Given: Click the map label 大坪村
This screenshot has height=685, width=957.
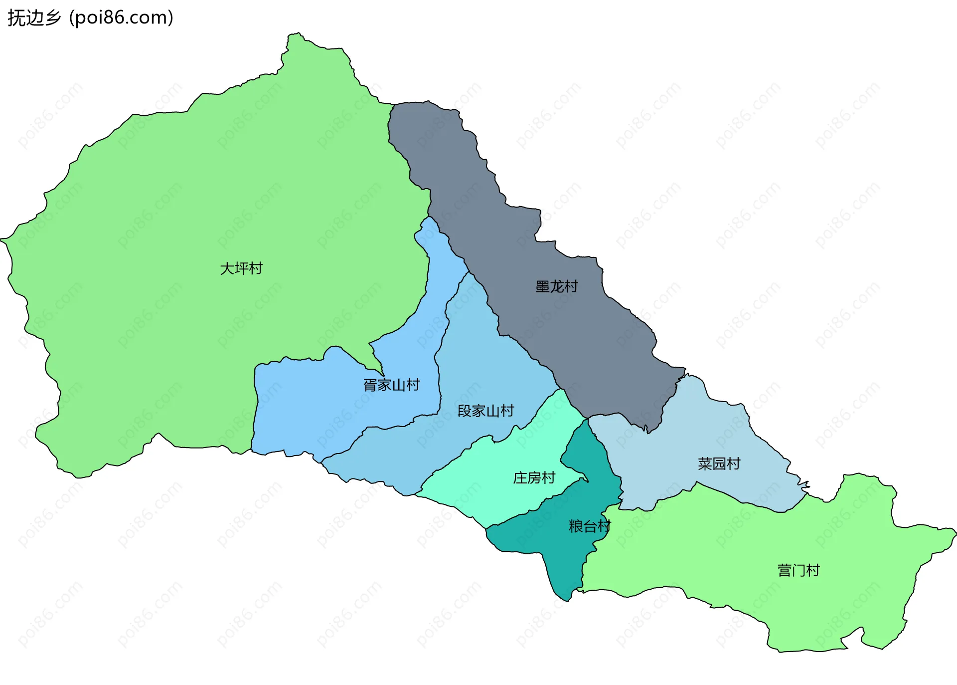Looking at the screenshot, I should click(241, 268).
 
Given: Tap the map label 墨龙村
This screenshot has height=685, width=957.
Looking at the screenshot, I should click(557, 287).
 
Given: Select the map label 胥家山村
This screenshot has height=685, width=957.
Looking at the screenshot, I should click(392, 385).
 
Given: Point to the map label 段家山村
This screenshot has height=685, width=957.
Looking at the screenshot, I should click(485, 411).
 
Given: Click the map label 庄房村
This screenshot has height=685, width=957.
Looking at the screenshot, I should click(534, 478).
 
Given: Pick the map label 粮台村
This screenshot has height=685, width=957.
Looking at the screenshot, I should click(590, 526).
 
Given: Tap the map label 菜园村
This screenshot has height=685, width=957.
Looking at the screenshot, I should click(719, 464).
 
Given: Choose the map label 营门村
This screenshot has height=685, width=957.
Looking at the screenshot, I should click(798, 570).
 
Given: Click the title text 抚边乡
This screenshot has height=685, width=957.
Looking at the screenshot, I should click(34, 18).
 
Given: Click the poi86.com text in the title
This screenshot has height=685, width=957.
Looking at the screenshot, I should click(121, 18).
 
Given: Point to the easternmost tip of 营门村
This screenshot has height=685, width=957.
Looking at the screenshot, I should click(956, 533).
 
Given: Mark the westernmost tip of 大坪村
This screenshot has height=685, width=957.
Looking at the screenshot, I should click(1, 240).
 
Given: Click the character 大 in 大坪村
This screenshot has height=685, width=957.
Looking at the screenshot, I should click(227, 268).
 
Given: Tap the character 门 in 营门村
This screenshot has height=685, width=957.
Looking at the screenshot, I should click(798, 570).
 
